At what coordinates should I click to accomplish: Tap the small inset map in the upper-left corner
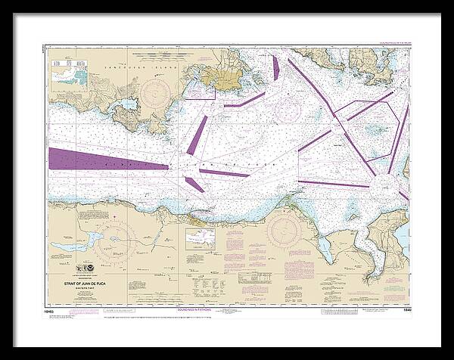coord(70,74)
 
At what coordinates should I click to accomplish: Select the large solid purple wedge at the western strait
coord(106,160)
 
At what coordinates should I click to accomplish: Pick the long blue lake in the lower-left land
coord(101,241)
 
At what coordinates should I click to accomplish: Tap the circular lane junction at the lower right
coord(379,186)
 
